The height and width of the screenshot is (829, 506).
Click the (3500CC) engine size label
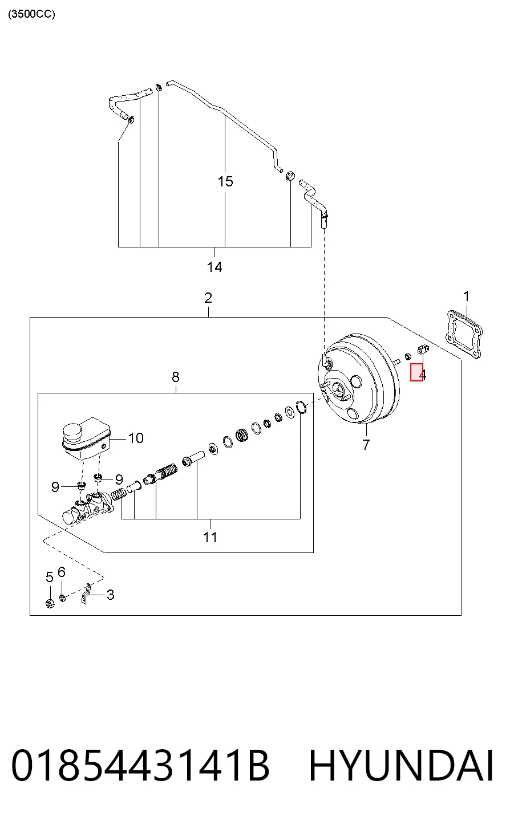tap(31, 14)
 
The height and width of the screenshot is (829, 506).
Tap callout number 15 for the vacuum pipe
tap(225, 181)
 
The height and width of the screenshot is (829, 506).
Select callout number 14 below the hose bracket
tap(214, 267)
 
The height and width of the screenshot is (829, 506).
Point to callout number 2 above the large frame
tap(208, 298)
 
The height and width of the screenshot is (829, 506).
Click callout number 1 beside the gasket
tap(467, 296)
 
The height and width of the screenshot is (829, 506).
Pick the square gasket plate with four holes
tap(463, 335)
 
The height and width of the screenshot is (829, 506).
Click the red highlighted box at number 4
tap(416, 372)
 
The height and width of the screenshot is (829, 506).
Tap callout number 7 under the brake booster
tap(366, 445)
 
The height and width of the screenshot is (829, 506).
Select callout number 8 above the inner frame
tap(176, 377)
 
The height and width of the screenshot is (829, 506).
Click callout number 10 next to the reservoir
tap(136, 438)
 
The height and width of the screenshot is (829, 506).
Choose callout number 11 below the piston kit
tap(210, 537)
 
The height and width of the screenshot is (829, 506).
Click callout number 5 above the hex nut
tap(50, 577)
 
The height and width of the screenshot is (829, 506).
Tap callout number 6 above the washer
tap(62, 572)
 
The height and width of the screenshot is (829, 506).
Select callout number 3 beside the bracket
tap(111, 595)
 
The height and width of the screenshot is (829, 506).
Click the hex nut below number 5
tap(50, 604)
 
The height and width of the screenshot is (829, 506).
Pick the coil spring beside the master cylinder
tap(119, 494)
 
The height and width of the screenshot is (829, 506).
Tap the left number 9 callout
tap(55, 487)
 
